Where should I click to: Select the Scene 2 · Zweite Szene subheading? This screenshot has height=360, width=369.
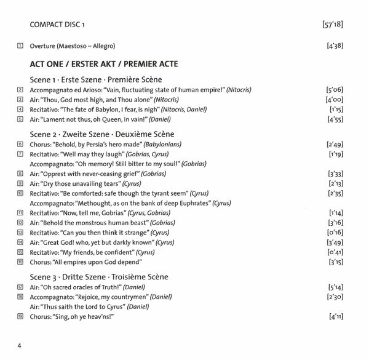point(102,134)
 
